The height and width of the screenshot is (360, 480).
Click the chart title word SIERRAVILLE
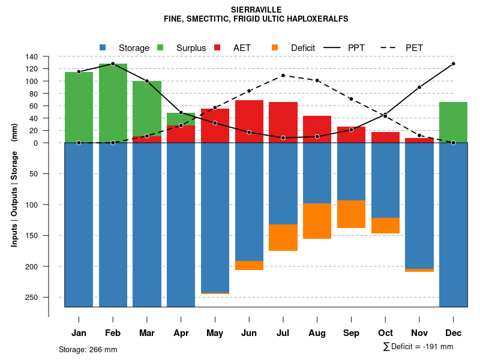[256, 10]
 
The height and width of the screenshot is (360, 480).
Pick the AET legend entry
[242, 47]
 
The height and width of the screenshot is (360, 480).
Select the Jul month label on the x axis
[283, 333]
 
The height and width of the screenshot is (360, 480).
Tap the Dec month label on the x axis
[454, 333]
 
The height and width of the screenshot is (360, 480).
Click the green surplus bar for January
[79, 107]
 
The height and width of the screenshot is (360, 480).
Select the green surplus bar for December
[454, 122]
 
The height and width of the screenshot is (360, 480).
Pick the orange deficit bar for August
[317, 221]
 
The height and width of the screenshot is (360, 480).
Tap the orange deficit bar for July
[283, 238]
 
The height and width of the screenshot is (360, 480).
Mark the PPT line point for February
[113, 64]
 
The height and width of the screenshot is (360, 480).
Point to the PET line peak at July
[283, 76]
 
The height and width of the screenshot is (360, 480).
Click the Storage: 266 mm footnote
[88, 349]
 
